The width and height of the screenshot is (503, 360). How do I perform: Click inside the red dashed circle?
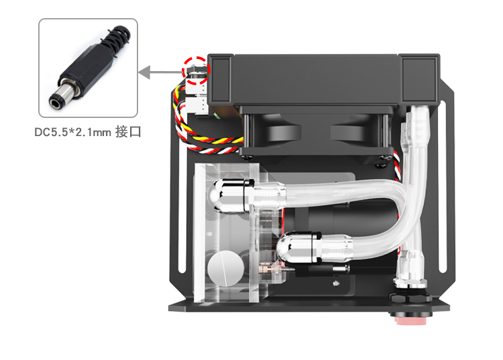(197, 68)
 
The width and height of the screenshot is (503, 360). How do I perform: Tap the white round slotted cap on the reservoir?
(223, 269)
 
